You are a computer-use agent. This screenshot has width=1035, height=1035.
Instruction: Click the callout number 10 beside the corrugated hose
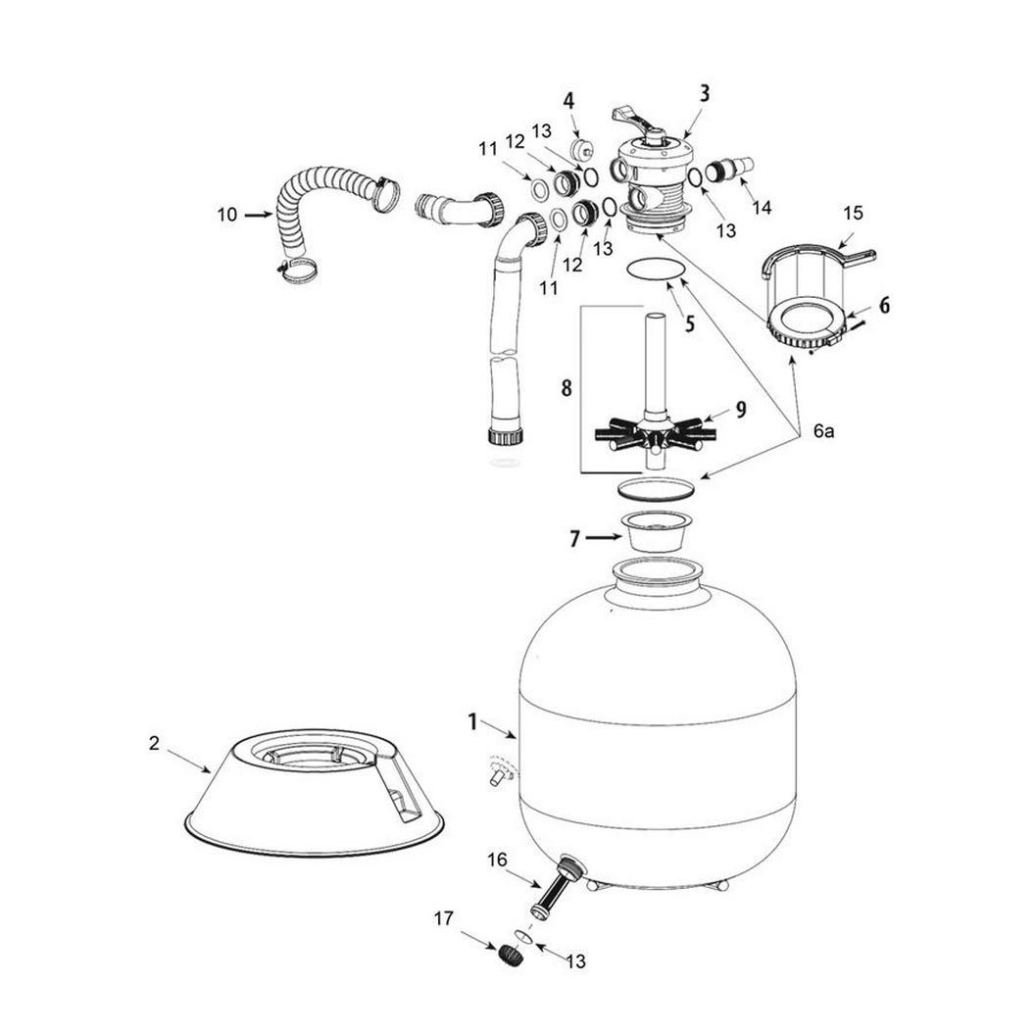227,215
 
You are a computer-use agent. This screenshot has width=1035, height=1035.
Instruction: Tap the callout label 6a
823,431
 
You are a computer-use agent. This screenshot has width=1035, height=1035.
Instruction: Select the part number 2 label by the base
154,743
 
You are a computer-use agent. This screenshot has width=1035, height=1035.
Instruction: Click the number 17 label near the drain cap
444,918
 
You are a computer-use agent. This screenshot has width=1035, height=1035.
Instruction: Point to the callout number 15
853,213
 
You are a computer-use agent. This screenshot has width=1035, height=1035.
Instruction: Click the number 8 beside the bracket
567,388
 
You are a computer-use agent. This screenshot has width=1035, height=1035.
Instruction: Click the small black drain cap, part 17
509,956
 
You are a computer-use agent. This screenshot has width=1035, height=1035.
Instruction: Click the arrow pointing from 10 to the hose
259,214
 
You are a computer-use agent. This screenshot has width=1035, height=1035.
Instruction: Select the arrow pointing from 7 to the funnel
604,538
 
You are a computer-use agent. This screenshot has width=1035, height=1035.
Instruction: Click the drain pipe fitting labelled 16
557,885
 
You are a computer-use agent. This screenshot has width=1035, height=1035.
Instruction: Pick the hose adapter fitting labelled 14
730,168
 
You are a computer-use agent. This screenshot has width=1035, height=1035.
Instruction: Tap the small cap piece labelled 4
582,147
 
